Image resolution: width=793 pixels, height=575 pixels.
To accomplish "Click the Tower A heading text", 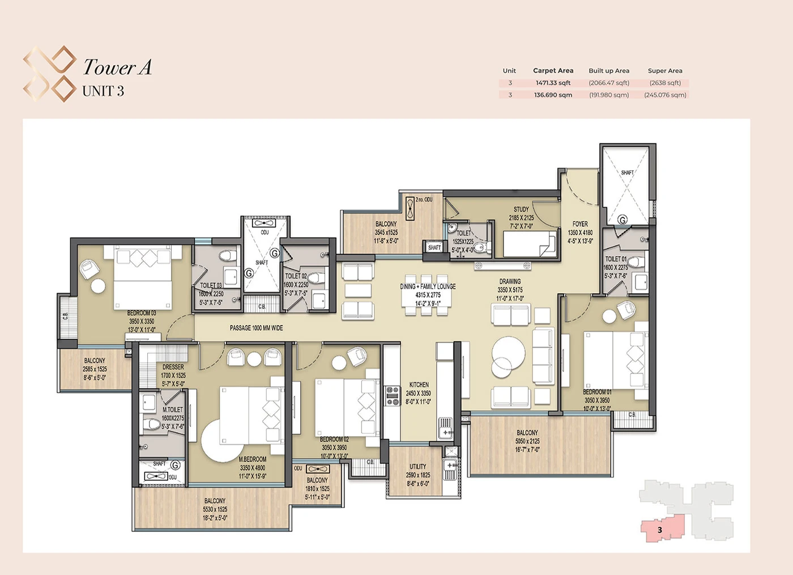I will coord(117,67).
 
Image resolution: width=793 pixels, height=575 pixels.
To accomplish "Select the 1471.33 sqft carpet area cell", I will coord(553,83).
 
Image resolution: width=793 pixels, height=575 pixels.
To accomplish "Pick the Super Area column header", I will coord(665,71).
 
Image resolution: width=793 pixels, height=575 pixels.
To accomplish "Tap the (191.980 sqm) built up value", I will coord(609,95).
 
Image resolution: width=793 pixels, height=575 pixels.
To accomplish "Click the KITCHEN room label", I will coord(419,384).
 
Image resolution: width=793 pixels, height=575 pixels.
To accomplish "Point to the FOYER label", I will coord(580,224).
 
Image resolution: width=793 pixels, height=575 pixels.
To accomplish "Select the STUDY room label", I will coord(521,209).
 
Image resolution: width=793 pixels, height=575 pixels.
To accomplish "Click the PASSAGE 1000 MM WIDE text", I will coord(256,328).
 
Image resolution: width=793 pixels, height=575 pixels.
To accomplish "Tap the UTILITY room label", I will coord(418,467).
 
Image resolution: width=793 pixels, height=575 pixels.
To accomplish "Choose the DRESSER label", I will coord(173,367).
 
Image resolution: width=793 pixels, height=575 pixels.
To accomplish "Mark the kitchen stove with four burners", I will coord(393,395).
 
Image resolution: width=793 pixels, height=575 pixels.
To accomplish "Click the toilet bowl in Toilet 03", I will coord(228,255).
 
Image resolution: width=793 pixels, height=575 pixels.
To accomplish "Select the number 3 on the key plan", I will coord(660,530).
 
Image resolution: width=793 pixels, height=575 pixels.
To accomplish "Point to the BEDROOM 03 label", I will coord(141,313).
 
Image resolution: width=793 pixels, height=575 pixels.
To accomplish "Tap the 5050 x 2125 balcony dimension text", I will coord(527,441).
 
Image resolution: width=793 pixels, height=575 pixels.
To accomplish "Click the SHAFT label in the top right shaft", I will coord(627,172).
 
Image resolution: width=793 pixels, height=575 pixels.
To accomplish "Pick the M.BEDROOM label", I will coord(252,459).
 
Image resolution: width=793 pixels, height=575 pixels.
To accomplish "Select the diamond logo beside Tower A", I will coord(49,74).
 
